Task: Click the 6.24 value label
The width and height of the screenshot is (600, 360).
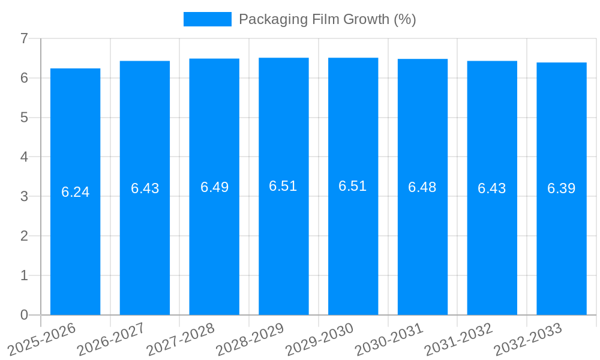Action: pyautogui.click(x=75, y=192)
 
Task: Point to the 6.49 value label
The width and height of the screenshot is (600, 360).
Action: pyautogui.click(x=214, y=187)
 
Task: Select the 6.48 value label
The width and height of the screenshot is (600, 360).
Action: pyautogui.click(x=422, y=187)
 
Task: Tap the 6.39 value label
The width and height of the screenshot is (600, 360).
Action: pyautogui.click(x=562, y=188)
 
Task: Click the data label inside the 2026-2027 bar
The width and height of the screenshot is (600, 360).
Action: pyautogui.click(x=145, y=188)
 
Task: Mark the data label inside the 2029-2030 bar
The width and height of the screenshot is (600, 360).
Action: pyautogui.click(x=353, y=186)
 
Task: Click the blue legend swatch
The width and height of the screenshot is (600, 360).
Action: pyautogui.click(x=207, y=19)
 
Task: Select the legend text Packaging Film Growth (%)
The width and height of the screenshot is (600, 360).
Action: pyautogui.click(x=327, y=19)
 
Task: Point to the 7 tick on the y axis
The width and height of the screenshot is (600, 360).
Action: pyautogui.click(x=24, y=38)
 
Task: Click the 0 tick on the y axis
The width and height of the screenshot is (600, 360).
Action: pyautogui.click(x=24, y=315)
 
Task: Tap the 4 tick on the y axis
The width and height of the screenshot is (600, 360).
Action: pyautogui.click(x=24, y=157)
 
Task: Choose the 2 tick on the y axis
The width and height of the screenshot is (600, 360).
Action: pyautogui.click(x=24, y=236)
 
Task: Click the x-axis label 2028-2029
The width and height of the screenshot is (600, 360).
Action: pyautogui.click(x=250, y=339)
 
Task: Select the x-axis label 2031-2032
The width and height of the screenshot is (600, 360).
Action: pyautogui.click(x=458, y=339)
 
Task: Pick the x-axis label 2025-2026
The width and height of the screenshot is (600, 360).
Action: pyautogui.click(x=42, y=339)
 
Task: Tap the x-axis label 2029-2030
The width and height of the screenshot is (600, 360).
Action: pyautogui.click(x=320, y=339)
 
